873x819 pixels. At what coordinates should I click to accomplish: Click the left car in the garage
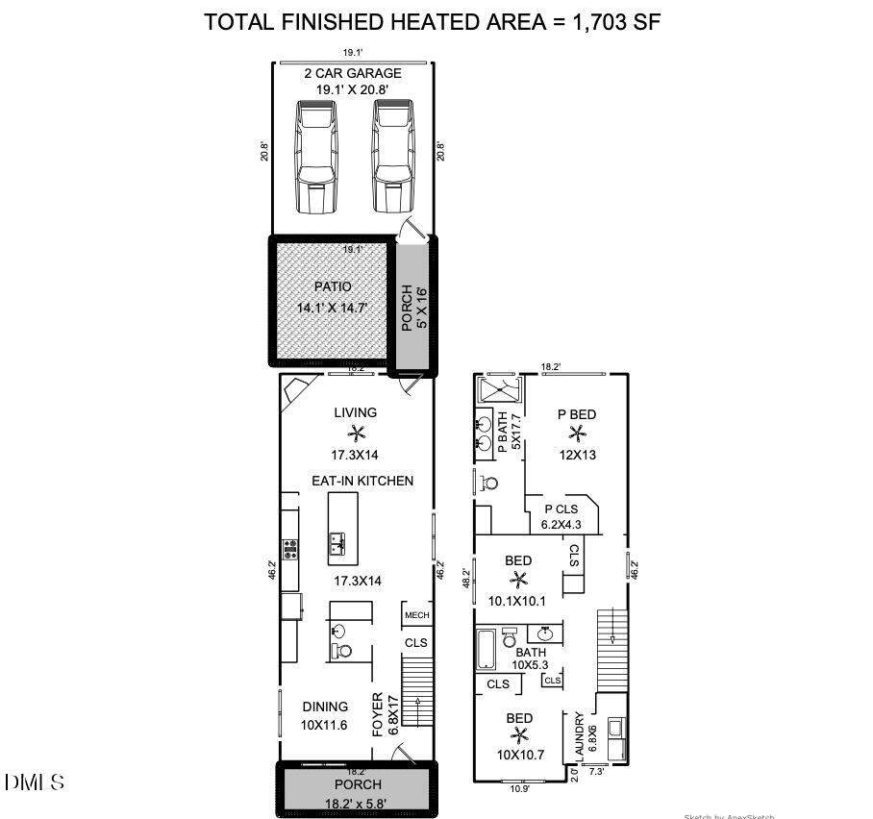(x=316, y=158)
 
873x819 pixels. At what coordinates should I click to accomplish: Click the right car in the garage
(x=392, y=158)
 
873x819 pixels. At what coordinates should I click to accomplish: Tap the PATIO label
(x=333, y=286)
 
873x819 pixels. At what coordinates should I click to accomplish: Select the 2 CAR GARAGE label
(x=353, y=73)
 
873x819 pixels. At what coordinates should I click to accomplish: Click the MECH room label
(x=415, y=615)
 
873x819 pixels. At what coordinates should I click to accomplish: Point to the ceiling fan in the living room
(x=356, y=433)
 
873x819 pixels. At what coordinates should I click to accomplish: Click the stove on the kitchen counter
(x=289, y=550)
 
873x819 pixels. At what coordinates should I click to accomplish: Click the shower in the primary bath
(x=499, y=392)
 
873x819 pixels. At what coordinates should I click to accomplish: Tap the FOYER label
(x=380, y=715)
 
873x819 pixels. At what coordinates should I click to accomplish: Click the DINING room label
(x=325, y=707)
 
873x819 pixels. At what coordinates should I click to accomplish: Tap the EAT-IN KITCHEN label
(x=362, y=481)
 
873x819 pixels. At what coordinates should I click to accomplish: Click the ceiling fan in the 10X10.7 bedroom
(x=520, y=735)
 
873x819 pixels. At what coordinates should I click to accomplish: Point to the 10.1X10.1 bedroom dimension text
(x=517, y=602)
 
